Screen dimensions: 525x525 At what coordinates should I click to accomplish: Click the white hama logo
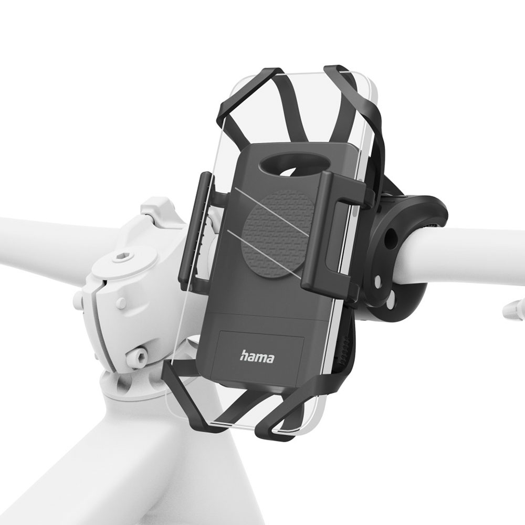257,357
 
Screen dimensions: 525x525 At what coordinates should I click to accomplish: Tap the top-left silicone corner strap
248,100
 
